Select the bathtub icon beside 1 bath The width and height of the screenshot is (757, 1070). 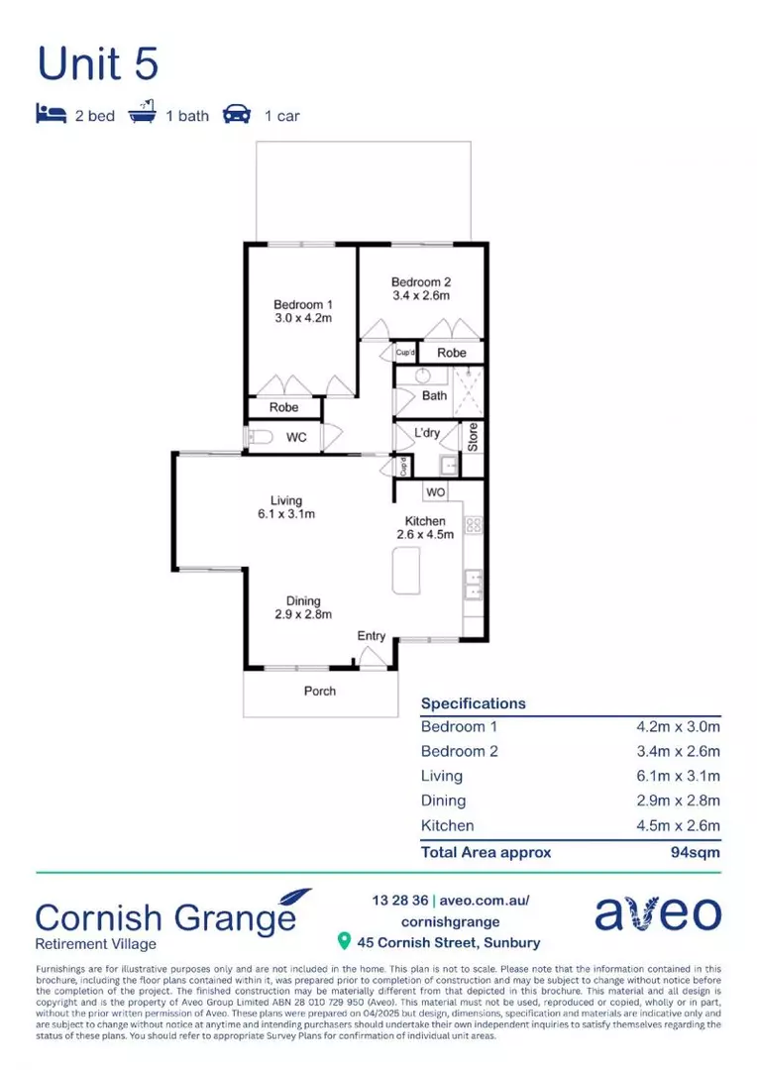point(144,114)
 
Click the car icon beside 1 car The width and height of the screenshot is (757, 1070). point(237,115)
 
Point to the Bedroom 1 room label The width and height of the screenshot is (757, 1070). point(302,311)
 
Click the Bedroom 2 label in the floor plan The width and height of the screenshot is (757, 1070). point(421,288)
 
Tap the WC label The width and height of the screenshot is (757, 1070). point(296,437)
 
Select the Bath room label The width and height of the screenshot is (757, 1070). point(434,395)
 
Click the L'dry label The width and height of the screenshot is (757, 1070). point(428,433)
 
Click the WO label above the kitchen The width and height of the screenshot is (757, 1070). point(435,491)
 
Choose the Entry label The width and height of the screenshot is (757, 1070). point(372,636)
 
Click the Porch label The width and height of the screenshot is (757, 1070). point(319,691)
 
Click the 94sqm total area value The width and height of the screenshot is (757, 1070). point(695,851)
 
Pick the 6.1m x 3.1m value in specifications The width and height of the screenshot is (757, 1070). point(678,776)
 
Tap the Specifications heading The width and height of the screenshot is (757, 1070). point(473,703)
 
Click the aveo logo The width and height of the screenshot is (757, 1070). point(657,914)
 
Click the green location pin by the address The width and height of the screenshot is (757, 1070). point(344,941)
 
